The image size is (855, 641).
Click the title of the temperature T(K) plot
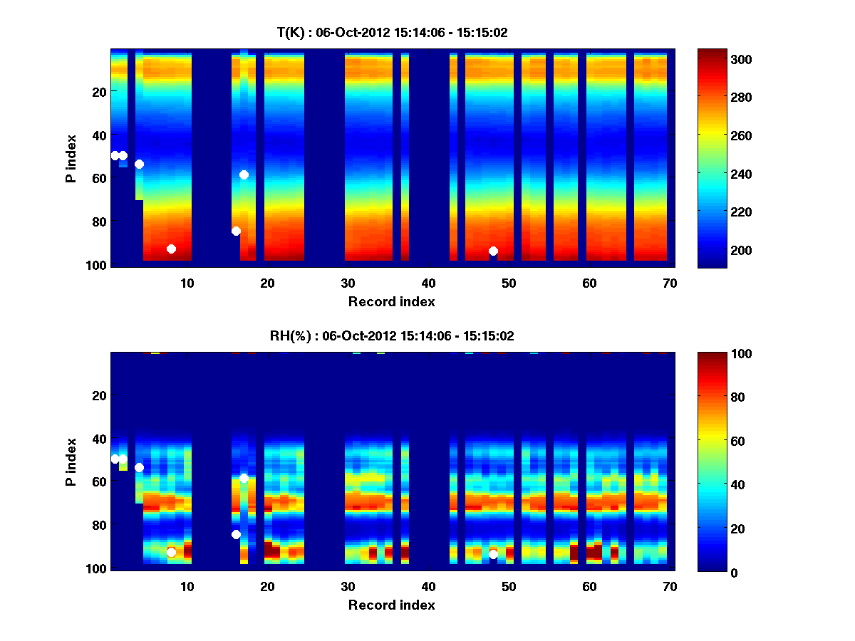pyautogui.click(x=392, y=32)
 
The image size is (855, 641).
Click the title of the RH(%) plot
pyautogui.click(x=392, y=335)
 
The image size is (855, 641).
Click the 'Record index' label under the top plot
pyautogui.click(x=391, y=301)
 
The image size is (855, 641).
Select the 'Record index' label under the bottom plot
pyautogui.click(x=391, y=605)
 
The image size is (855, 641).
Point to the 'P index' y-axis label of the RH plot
pyautogui.click(x=71, y=461)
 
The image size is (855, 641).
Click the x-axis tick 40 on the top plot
pyautogui.click(x=428, y=283)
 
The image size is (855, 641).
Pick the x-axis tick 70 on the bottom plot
pyautogui.click(x=670, y=586)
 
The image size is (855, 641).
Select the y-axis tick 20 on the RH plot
pyautogui.click(x=100, y=395)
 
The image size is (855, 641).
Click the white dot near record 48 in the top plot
pyautogui.click(x=493, y=251)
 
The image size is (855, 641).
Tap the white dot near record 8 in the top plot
pyautogui.click(x=171, y=249)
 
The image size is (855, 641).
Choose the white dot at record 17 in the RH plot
pyautogui.click(x=244, y=478)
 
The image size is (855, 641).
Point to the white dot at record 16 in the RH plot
pyautogui.click(x=236, y=534)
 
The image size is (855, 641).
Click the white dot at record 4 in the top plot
pyautogui.click(x=139, y=164)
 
